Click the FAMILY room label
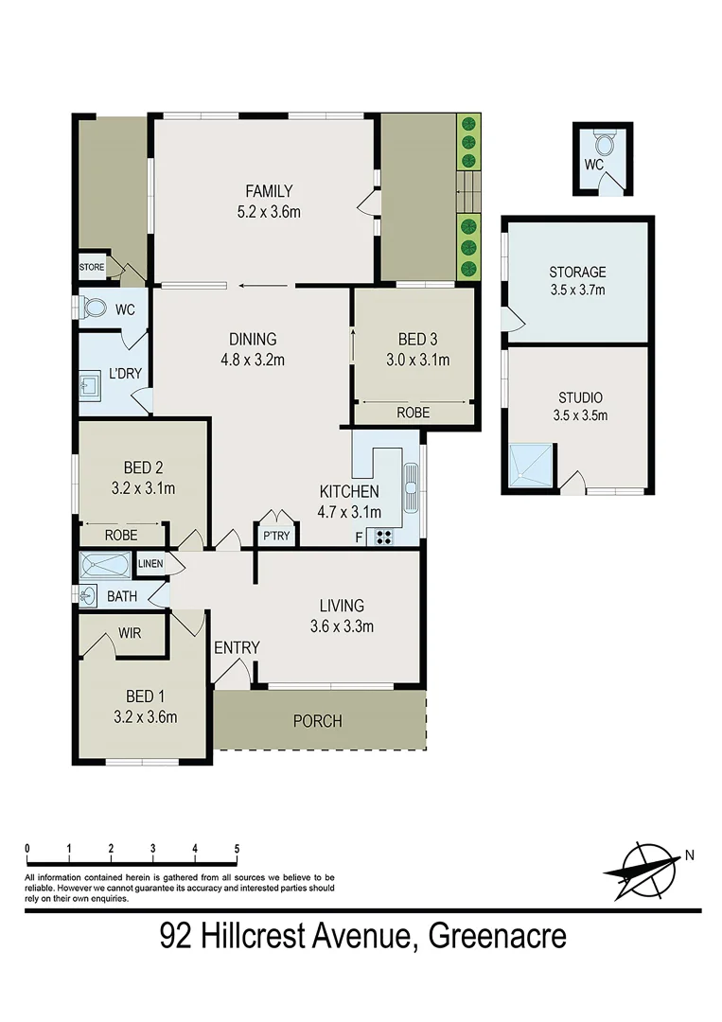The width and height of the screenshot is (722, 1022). [269, 190]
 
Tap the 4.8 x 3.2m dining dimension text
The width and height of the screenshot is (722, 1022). [252, 359]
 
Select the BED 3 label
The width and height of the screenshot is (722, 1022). [411, 339]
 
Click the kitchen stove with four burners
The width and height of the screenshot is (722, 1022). [385, 537]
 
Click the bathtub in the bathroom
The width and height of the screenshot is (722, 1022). [106, 566]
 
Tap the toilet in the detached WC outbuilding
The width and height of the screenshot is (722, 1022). [605, 143]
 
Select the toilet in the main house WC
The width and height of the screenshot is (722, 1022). [94, 309]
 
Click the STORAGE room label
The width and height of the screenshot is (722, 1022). [577, 273]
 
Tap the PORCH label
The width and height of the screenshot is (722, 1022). [317, 721]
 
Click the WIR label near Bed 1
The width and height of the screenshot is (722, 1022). [130, 633]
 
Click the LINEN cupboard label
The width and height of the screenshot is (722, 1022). [150, 565]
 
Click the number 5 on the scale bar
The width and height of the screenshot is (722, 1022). [236, 848]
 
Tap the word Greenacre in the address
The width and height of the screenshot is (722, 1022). [498, 937]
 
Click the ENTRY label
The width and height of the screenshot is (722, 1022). [237, 647]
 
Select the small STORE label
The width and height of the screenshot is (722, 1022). [92, 268]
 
